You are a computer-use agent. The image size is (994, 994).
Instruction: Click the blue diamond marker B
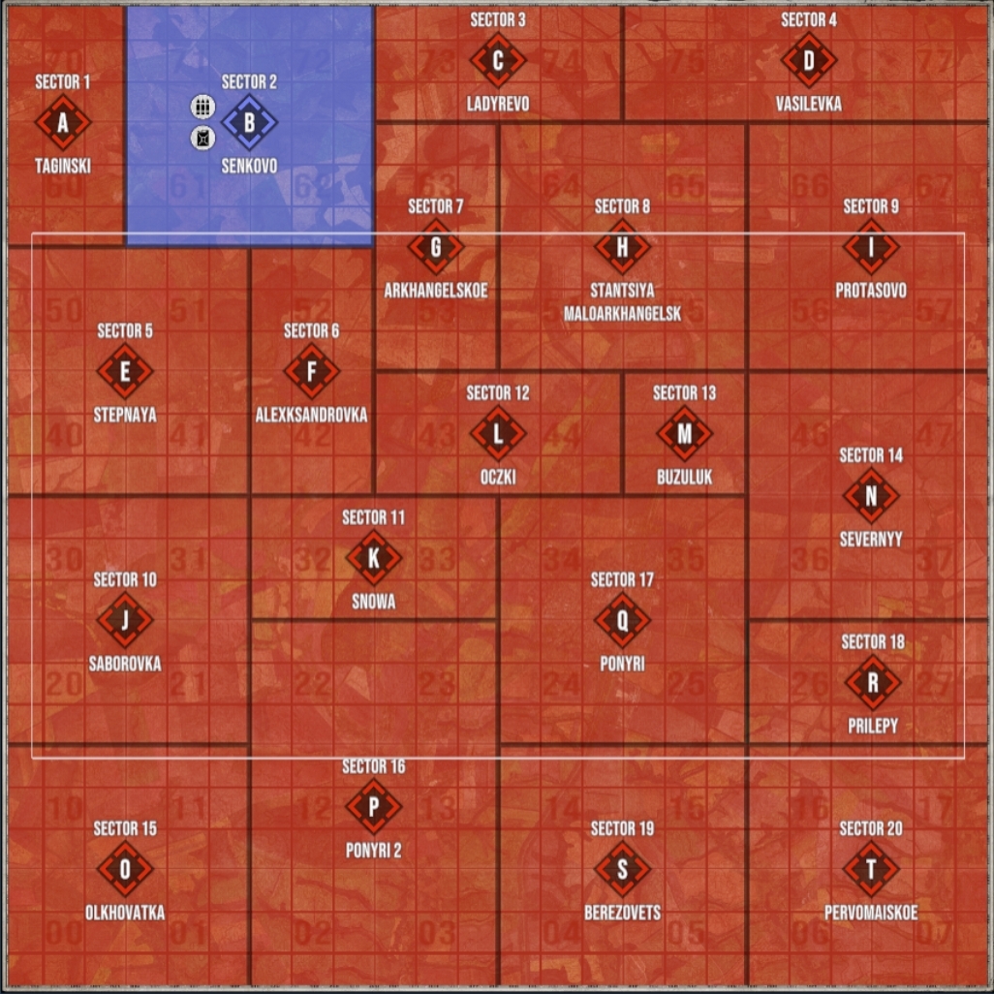(249, 122)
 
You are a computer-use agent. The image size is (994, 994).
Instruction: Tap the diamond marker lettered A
(63, 122)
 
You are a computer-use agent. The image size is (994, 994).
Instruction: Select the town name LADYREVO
(498, 104)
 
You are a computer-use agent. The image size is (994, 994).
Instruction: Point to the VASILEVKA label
(809, 104)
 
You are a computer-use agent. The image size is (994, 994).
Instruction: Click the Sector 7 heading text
(436, 206)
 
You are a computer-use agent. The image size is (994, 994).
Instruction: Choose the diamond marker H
(623, 247)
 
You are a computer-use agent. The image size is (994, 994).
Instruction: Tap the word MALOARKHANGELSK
(623, 314)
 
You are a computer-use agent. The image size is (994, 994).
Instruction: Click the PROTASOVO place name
(871, 291)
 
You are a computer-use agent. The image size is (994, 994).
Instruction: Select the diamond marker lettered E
(125, 371)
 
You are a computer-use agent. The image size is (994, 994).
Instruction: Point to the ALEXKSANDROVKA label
(311, 416)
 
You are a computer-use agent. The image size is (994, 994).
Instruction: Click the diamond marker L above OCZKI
(498, 434)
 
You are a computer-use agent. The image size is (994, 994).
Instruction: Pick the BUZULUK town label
(685, 478)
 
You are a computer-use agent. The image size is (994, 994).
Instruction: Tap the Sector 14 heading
(871, 455)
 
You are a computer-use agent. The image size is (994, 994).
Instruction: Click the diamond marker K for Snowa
(373, 558)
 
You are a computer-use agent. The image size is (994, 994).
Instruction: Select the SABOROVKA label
(125, 664)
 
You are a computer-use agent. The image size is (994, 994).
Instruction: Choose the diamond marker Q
(623, 620)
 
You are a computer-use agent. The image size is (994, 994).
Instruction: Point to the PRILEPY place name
(873, 726)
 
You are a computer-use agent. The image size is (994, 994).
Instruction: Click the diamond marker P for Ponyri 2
(373, 806)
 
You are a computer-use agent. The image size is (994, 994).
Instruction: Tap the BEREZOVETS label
(623, 913)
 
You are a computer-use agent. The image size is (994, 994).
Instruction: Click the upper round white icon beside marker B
(202, 107)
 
